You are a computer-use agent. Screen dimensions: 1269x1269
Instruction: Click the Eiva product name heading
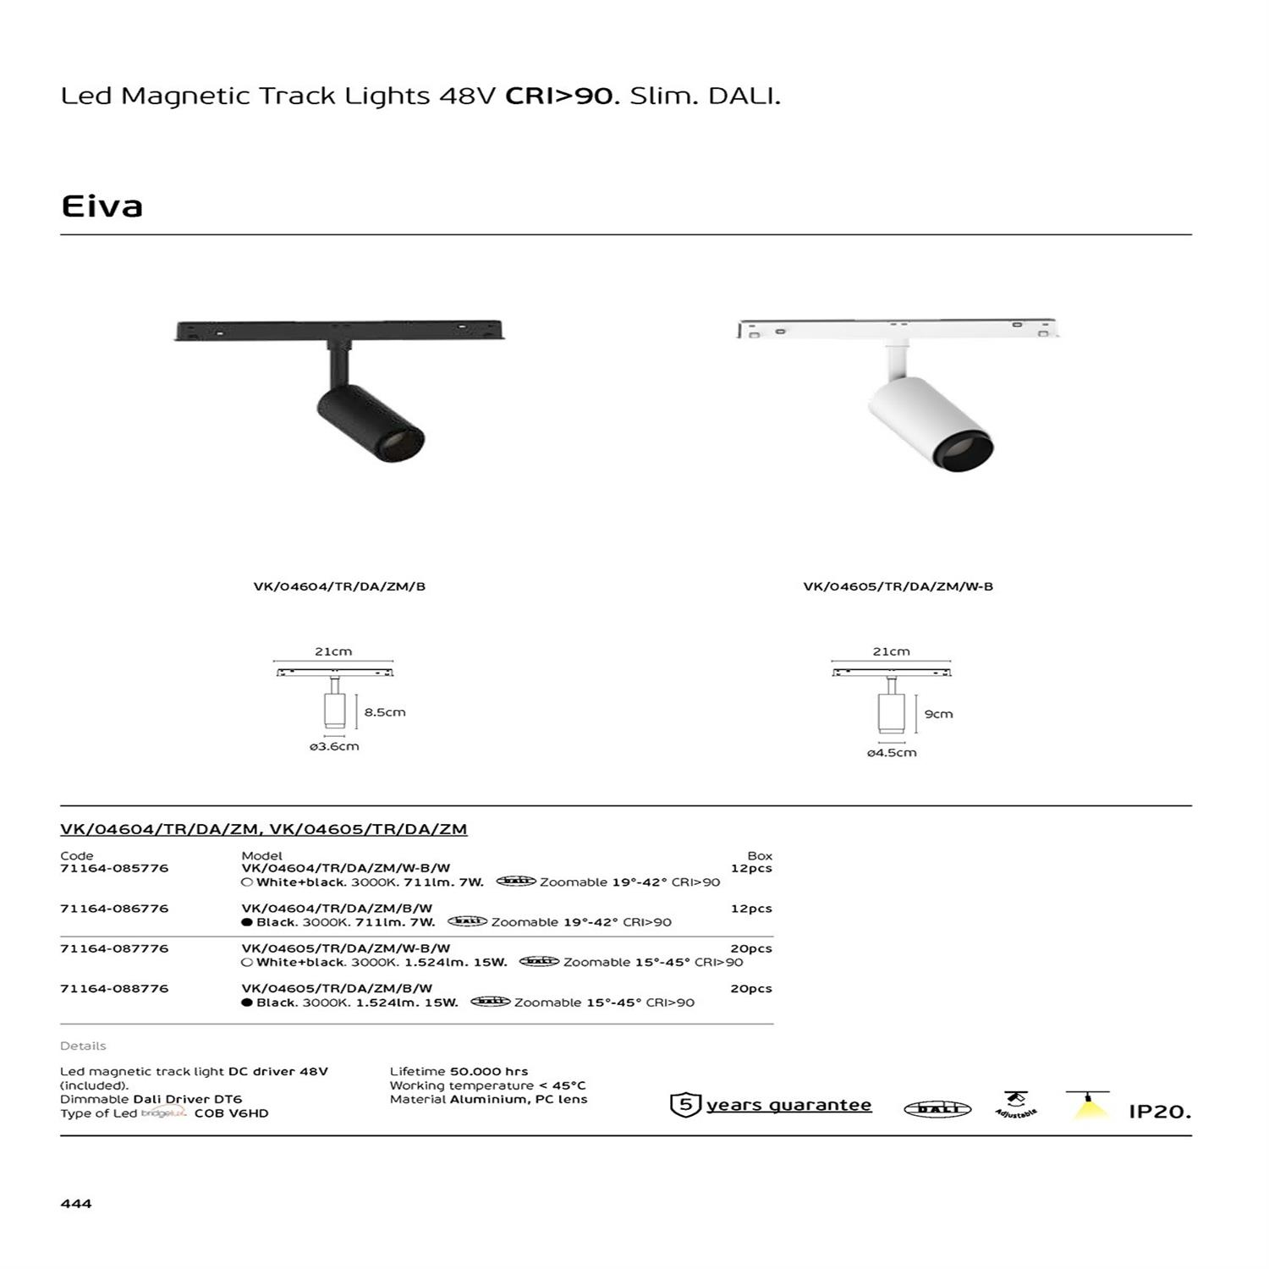tap(102, 206)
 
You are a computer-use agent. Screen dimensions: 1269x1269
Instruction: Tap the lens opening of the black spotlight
tap(404, 442)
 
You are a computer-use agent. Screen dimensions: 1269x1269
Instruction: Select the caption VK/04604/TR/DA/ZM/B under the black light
tap(339, 586)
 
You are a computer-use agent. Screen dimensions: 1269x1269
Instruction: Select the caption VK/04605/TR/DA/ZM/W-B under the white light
tap(898, 586)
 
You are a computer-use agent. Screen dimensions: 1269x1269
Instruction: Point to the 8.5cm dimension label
tap(385, 712)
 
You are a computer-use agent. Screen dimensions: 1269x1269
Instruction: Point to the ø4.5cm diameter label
tap(892, 752)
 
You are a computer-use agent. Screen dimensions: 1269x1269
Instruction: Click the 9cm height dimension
tap(938, 714)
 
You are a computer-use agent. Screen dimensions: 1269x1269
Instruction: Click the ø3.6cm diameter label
tap(334, 746)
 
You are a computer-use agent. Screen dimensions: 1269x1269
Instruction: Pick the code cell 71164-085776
tap(114, 868)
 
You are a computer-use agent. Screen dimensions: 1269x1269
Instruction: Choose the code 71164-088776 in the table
tap(114, 988)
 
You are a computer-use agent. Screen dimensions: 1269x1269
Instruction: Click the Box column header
tap(760, 855)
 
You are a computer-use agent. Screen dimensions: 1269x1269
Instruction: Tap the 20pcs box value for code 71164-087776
tap(750, 948)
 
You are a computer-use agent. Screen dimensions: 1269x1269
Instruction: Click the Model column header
tap(261, 855)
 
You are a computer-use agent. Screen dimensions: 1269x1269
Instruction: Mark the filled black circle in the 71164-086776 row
tap(247, 922)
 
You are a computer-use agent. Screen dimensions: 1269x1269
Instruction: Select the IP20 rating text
tap(1159, 1112)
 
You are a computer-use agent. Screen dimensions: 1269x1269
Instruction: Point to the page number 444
tap(76, 1203)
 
